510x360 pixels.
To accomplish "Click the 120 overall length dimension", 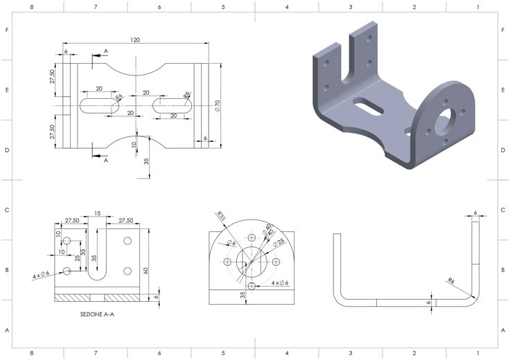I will coord(134,40).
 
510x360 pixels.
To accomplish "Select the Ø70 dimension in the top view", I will coord(217,105).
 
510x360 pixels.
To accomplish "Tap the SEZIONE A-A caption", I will coord(102,314).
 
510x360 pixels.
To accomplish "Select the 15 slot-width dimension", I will coord(97,213).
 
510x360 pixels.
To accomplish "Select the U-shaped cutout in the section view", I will coord(97,253).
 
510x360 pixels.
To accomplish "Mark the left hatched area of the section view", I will coord(73,298).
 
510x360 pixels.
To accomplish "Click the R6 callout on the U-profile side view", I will coord(450,281).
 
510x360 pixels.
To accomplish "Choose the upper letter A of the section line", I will coord(105,51).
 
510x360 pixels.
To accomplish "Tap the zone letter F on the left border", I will coord(7,30).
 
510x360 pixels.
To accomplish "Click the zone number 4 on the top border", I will coord(287,6).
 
